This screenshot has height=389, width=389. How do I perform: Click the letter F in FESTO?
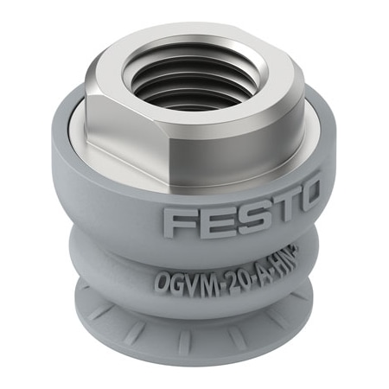coord(178,222)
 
